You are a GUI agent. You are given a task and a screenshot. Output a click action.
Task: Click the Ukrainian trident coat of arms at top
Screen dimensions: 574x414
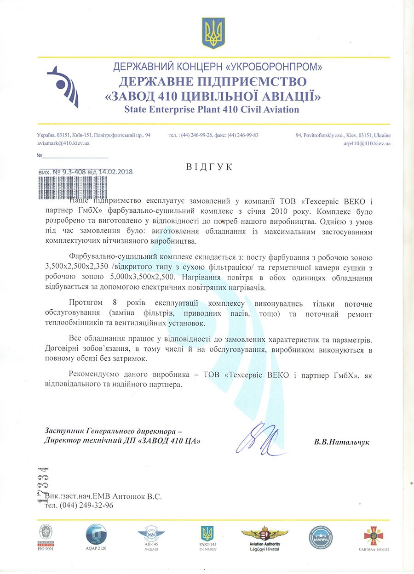(213, 33)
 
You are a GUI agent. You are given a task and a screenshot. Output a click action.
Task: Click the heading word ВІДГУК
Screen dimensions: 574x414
(210, 167)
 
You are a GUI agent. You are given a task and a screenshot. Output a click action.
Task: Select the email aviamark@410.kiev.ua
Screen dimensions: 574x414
(63, 143)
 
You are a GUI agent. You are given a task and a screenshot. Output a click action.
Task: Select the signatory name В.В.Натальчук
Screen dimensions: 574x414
(341, 442)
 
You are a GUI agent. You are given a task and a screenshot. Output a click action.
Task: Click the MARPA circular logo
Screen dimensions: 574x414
(321, 536)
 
